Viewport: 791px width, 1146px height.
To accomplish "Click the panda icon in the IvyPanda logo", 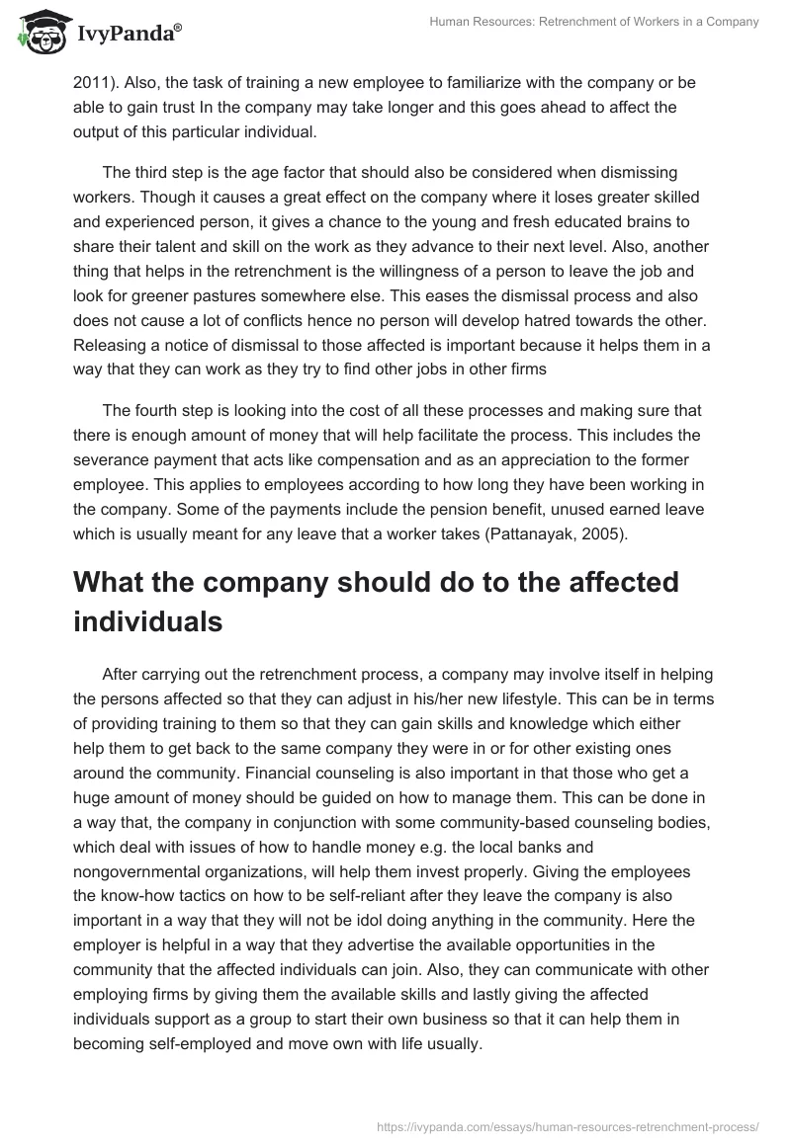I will (38, 33).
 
